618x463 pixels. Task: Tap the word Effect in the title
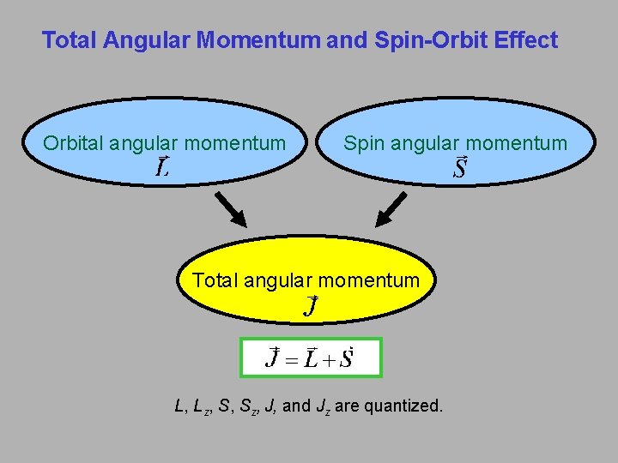(526, 40)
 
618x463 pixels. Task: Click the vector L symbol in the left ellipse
(161, 166)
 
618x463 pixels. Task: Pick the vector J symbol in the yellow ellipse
(312, 305)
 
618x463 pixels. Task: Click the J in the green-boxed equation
(274, 358)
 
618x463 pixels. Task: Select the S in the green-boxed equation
(346, 358)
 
